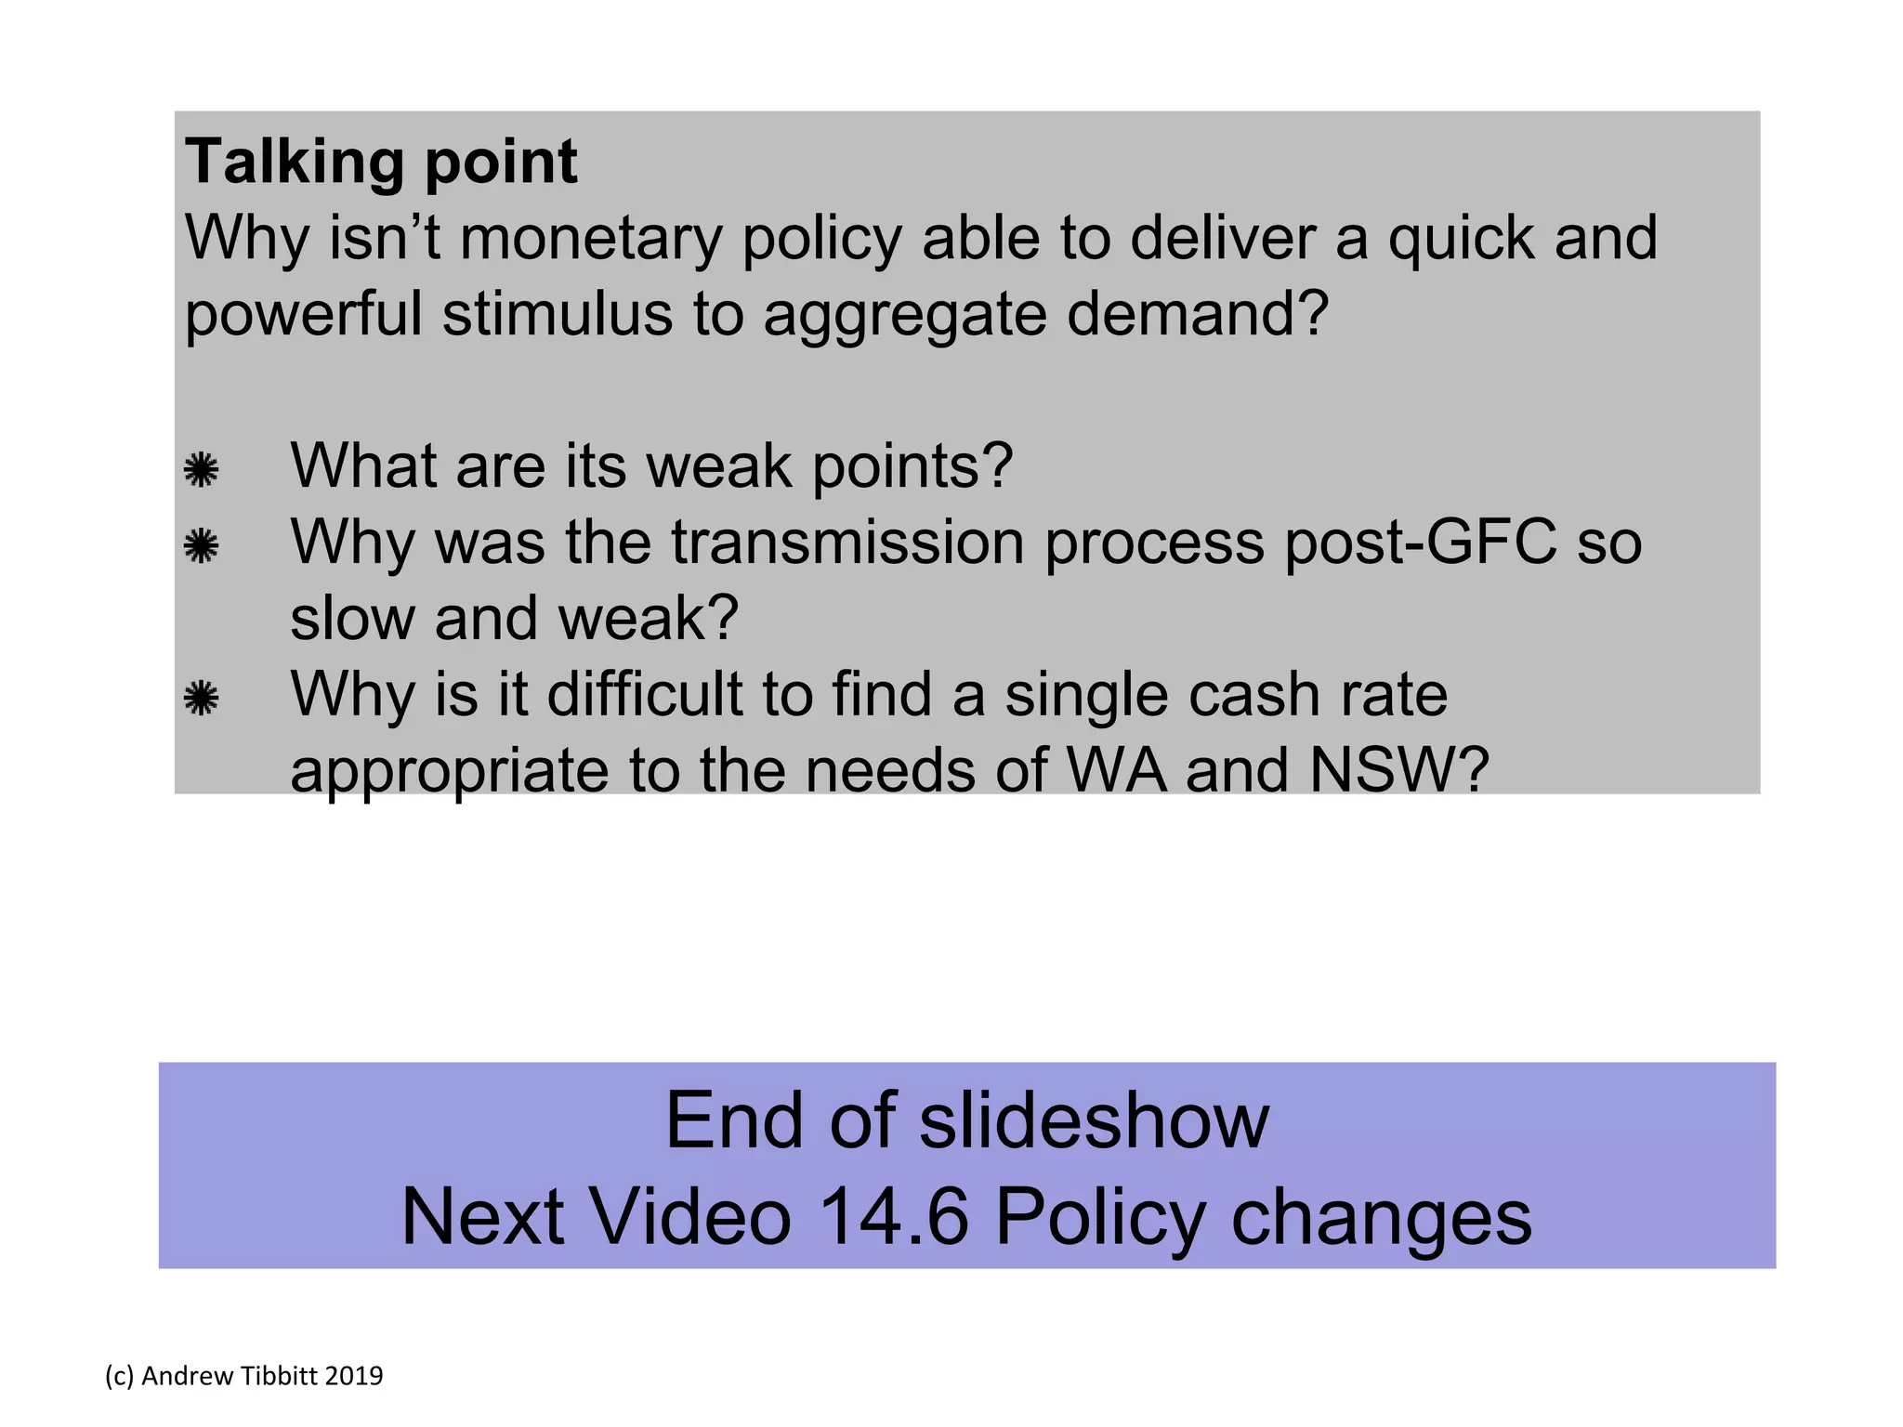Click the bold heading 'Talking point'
pyautogui.click(x=381, y=163)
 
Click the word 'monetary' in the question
pyautogui.click(x=590, y=239)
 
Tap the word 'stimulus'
pyautogui.click(x=557, y=314)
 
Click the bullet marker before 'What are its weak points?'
pyautogui.click(x=201, y=469)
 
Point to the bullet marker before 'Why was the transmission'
pyautogui.click(x=201, y=545)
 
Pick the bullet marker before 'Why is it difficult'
pyautogui.click(x=201, y=698)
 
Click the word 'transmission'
pyautogui.click(x=847, y=542)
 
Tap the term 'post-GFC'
pyautogui.click(x=1420, y=542)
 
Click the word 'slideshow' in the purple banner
pyautogui.click(x=1094, y=1121)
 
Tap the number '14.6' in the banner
pyautogui.click(x=894, y=1217)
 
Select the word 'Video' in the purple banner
pyautogui.click(x=691, y=1217)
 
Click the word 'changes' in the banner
pyautogui.click(x=1381, y=1219)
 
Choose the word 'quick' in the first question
pyautogui.click(x=1460, y=239)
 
